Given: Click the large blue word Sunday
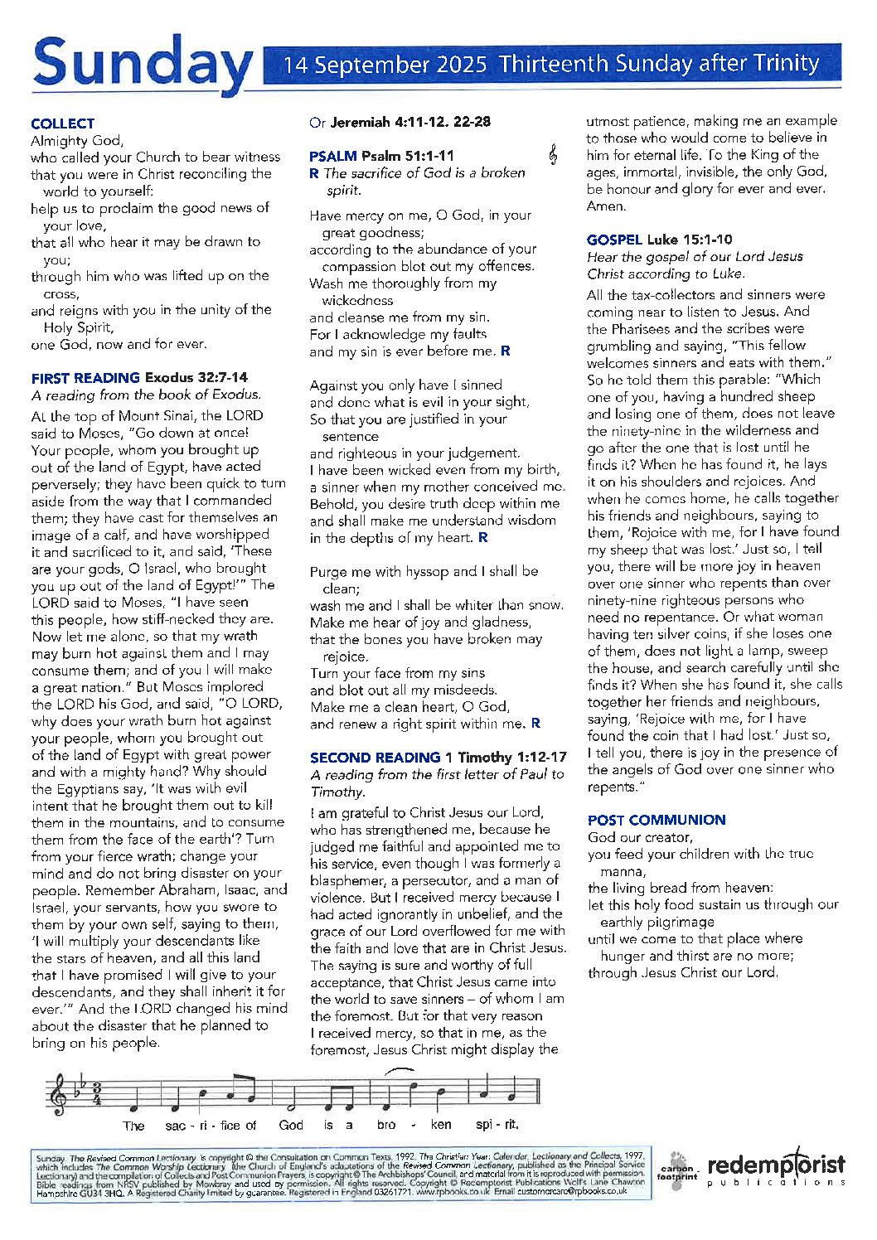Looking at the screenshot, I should click(141, 65).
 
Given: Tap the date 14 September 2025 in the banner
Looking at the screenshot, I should click(385, 65).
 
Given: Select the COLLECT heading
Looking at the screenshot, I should click(63, 124).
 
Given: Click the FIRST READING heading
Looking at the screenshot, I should click(85, 378).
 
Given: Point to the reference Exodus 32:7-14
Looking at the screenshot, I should click(196, 378).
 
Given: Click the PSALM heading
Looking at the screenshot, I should click(332, 156).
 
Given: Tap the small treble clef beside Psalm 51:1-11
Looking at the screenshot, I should click(553, 154).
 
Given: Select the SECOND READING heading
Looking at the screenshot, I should click(375, 757).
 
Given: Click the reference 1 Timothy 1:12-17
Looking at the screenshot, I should click(506, 757).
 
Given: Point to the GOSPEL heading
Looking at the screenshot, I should click(614, 240).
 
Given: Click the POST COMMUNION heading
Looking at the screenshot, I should click(657, 820).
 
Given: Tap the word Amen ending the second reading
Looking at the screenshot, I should click(606, 206).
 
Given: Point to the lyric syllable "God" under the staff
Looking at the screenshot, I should click(291, 1125).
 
